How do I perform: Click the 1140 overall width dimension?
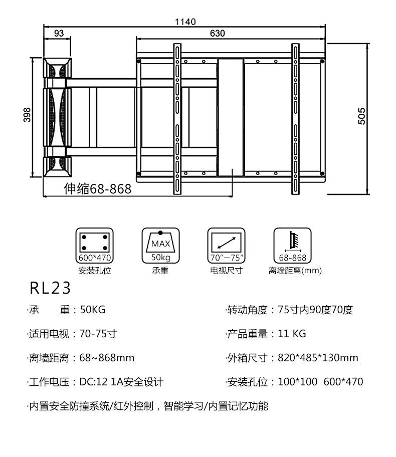[x=185, y=22]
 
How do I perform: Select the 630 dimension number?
[x=217, y=34]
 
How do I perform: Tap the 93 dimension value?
[x=59, y=34]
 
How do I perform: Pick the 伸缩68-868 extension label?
[x=98, y=189]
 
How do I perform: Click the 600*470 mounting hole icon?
[x=94, y=246]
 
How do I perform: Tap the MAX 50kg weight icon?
[x=160, y=246]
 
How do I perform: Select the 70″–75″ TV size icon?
[x=226, y=246]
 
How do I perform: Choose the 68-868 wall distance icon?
[x=292, y=246]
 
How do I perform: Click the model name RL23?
[x=50, y=288]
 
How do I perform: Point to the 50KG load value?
[x=93, y=310]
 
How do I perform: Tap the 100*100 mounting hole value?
[x=297, y=382]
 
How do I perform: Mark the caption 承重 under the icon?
[x=160, y=271]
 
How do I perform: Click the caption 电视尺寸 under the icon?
[x=226, y=271]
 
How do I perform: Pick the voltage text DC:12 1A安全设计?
[x=121, y=382]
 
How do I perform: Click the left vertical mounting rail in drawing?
[x=177, y=119]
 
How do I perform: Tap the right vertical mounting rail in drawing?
[x=295, y=119]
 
